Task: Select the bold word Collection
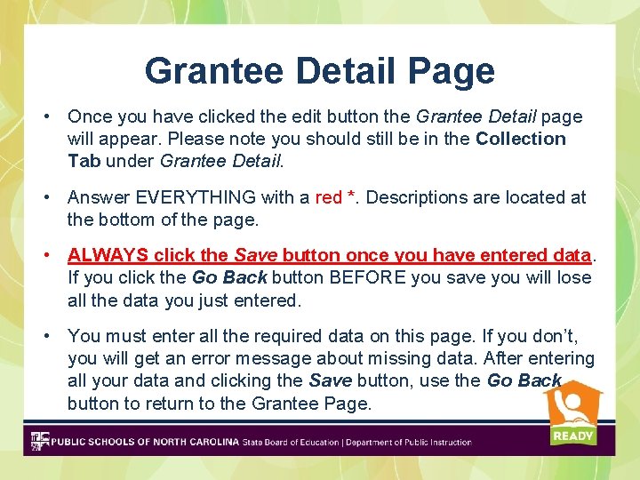pos(521,139)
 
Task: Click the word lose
pos(574,278)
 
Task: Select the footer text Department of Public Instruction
pos(409,442)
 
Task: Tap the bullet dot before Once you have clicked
pos(53,116)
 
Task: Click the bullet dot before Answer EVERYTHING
pos(53,197)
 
